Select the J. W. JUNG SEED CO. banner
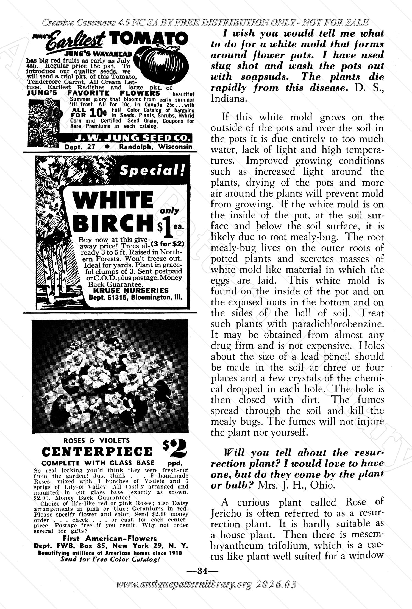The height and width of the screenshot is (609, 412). [x=126, y=137]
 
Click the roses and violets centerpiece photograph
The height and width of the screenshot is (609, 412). [x=110, y=376]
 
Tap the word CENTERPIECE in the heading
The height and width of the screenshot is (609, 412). [x=97, y=451]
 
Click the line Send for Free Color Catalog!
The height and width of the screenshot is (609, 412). [x=110, y=559]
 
